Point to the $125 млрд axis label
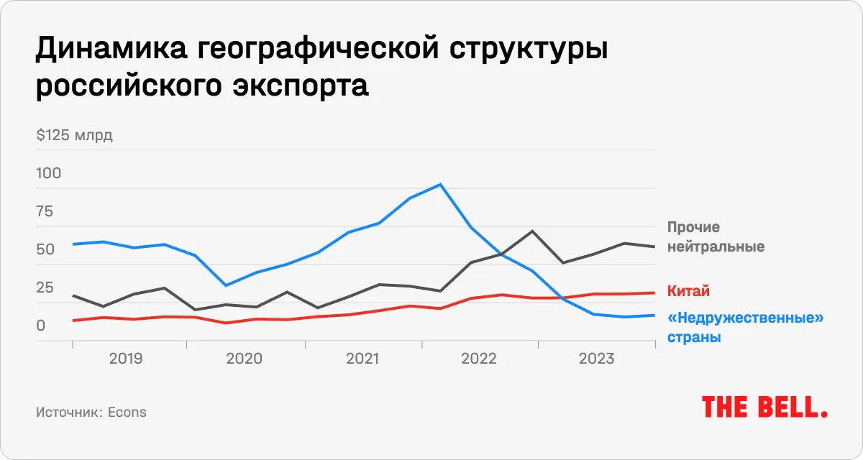point(73,135)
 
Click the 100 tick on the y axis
point(48,173)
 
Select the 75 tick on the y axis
point(45,211)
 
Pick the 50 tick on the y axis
point(45,249)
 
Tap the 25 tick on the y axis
point(45,287)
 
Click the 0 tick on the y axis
point(40,326)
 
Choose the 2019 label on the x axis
point(126,358)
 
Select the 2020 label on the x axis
point(245,358)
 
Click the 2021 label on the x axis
point(362,358)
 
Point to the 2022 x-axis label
point(479,358)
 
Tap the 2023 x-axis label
point(597,358)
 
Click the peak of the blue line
point(440,185)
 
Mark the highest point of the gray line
point(532,231)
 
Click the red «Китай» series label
point(688,291)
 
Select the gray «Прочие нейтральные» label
point(715,237)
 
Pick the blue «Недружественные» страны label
point(745,327)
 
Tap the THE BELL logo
point(764,407)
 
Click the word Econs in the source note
point(127,412)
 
